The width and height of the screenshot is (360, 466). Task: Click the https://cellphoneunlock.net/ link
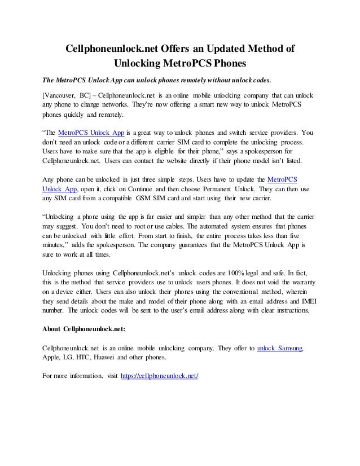point(160,376)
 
